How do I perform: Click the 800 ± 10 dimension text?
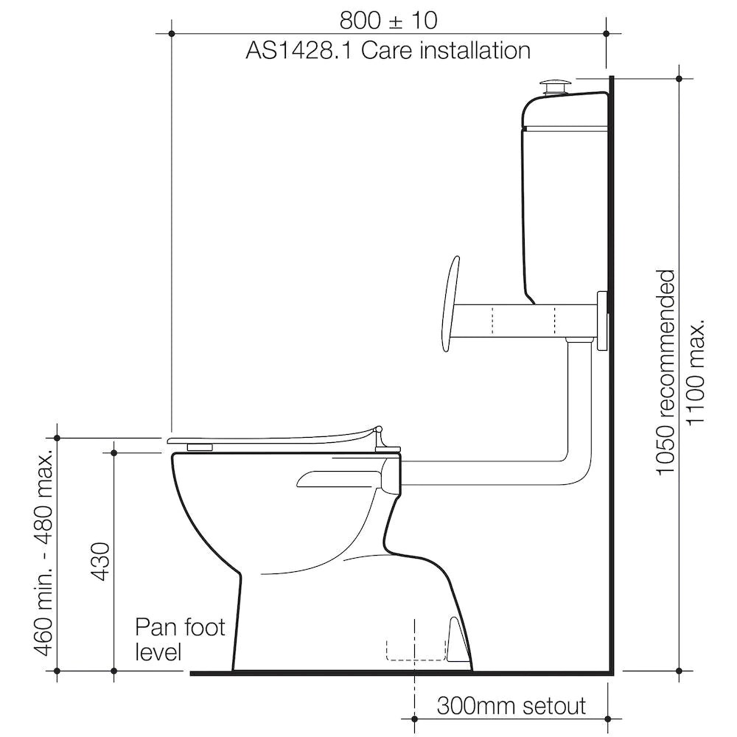[x=388, y=20]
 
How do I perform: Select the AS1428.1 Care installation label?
[x=388, y=51]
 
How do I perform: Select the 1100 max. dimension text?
[x=695, y=372]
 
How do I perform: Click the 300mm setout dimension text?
[x=511, y=706]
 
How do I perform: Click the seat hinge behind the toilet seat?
[x=383, y=440]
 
